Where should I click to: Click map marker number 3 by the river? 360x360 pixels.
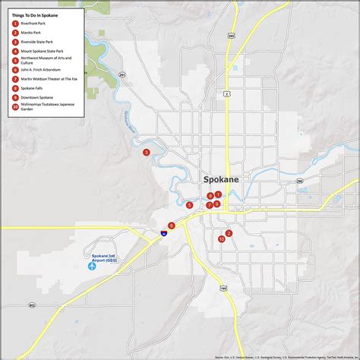point(146,152)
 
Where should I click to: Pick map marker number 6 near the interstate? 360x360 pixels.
point(172,226)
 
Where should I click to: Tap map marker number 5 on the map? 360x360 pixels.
point(189,205)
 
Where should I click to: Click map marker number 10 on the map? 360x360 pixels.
point(221,238)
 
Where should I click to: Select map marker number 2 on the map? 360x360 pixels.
point(228,233)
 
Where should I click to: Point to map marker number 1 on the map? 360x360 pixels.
point(218,195)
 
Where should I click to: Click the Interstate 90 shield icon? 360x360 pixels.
point(164,234)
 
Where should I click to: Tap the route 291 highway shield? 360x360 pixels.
point(121,74)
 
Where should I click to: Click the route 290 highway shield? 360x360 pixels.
point(299,182)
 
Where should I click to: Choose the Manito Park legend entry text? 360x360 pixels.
point(32,33)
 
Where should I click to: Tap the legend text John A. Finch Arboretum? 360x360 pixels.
point(41,69)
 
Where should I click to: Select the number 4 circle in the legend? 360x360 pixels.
point(15,51)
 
